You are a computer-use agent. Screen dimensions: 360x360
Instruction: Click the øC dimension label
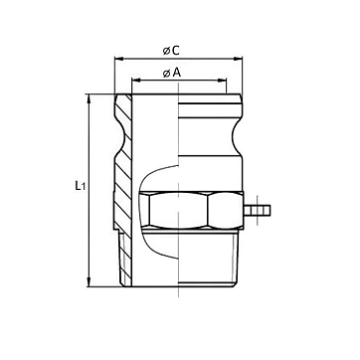click(171, 51)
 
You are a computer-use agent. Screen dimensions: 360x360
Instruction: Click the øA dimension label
click(172, 73)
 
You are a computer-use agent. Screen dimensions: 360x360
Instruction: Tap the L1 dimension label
click(80, 186)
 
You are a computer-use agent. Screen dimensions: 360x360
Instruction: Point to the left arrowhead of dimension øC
click(118, 59)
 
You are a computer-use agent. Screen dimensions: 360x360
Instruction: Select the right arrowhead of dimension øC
click(238, 59)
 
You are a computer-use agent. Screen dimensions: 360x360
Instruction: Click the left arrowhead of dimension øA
click(136, 80)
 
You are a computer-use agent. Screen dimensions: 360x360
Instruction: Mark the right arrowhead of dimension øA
click(222, 80)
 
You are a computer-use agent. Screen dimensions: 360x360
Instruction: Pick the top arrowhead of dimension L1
click(89, 98)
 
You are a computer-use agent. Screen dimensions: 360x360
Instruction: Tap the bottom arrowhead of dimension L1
click(89, 282)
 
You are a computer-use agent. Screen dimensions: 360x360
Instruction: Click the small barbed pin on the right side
click(257, 210)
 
